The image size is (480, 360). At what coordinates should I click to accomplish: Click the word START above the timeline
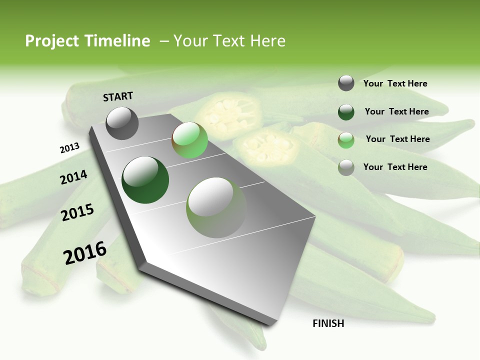(x=118, y=96)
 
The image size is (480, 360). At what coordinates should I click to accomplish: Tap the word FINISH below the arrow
(x=328, y=323)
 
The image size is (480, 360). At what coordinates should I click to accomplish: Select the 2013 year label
(x=69, y=147)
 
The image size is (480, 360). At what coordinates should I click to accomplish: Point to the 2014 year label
(x=73, y=177)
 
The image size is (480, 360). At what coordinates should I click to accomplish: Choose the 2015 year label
(x=77, y=212)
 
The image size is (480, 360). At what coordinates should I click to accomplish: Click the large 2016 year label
(x=84, y=252)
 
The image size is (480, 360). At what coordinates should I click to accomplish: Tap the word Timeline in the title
(x=118, y=41)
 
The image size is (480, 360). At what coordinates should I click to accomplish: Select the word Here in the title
(x=267, y=41)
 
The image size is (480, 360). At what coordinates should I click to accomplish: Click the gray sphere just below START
(x=122, y=123)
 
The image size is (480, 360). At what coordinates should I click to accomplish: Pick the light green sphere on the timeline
(x=189, y=140)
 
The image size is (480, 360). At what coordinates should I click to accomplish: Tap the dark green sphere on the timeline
(x=145, y=180)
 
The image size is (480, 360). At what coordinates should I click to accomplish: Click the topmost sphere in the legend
(x=346, y=83)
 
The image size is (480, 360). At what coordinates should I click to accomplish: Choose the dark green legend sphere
(x=346, y=112)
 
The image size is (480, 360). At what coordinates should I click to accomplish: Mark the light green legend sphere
(x=346, y=140)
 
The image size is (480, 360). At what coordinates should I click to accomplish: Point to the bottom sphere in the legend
(x=346, y=167)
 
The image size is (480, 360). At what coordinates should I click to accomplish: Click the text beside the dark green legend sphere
(x=396, y=111)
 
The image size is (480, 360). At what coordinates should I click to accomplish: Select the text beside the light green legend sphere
(x=397, y=139)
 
